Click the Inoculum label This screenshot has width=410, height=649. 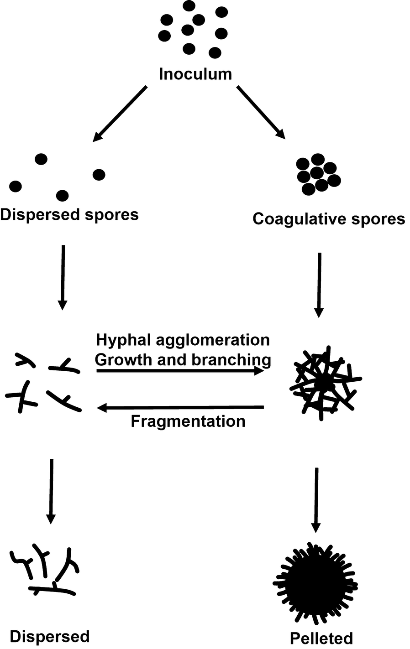[x=195, y=74]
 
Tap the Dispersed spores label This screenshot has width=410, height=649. [x=69, y=214]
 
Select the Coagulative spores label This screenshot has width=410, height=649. [x=329, y=219]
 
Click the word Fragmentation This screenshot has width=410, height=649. [x=188, y=421]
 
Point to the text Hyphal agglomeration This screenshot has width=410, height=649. [x=183, y=340]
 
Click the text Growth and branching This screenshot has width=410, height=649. [x=183, y=359]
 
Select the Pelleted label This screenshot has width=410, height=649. [x=321, y=638]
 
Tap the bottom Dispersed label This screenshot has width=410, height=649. [x=50, y=637]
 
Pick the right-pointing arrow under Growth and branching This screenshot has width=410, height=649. [x=180, y=371]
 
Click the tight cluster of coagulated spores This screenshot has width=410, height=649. [x=318, y=174]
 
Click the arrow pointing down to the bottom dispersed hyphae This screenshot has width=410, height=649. [x=51, y=491]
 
